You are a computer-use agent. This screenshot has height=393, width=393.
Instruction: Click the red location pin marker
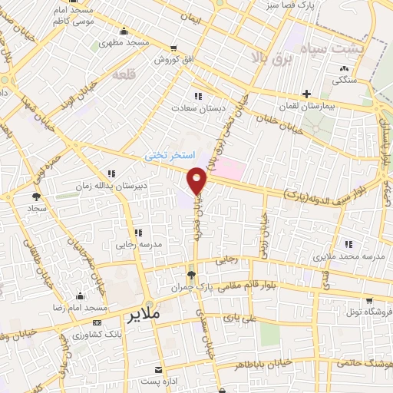pyautogui.click(x=197, y=180)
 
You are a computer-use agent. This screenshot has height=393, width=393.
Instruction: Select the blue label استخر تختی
pyautogui.click(x=169, y=155)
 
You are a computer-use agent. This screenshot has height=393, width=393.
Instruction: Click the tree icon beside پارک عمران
pyautogui.click(x=191, y=274)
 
